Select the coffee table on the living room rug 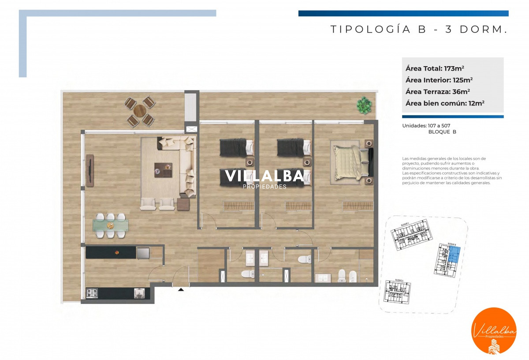pos(163,170)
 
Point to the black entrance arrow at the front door pos(181,290)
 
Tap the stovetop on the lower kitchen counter pos(93,293)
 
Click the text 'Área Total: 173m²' pos(435,68)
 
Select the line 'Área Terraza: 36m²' pos(437,92)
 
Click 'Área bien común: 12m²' pos(445,103)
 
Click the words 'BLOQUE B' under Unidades pos(442,132)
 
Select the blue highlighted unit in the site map pos(454,256)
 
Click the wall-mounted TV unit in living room pos(90,170)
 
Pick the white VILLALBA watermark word pos(264,176)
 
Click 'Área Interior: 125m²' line pos(439,80)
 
